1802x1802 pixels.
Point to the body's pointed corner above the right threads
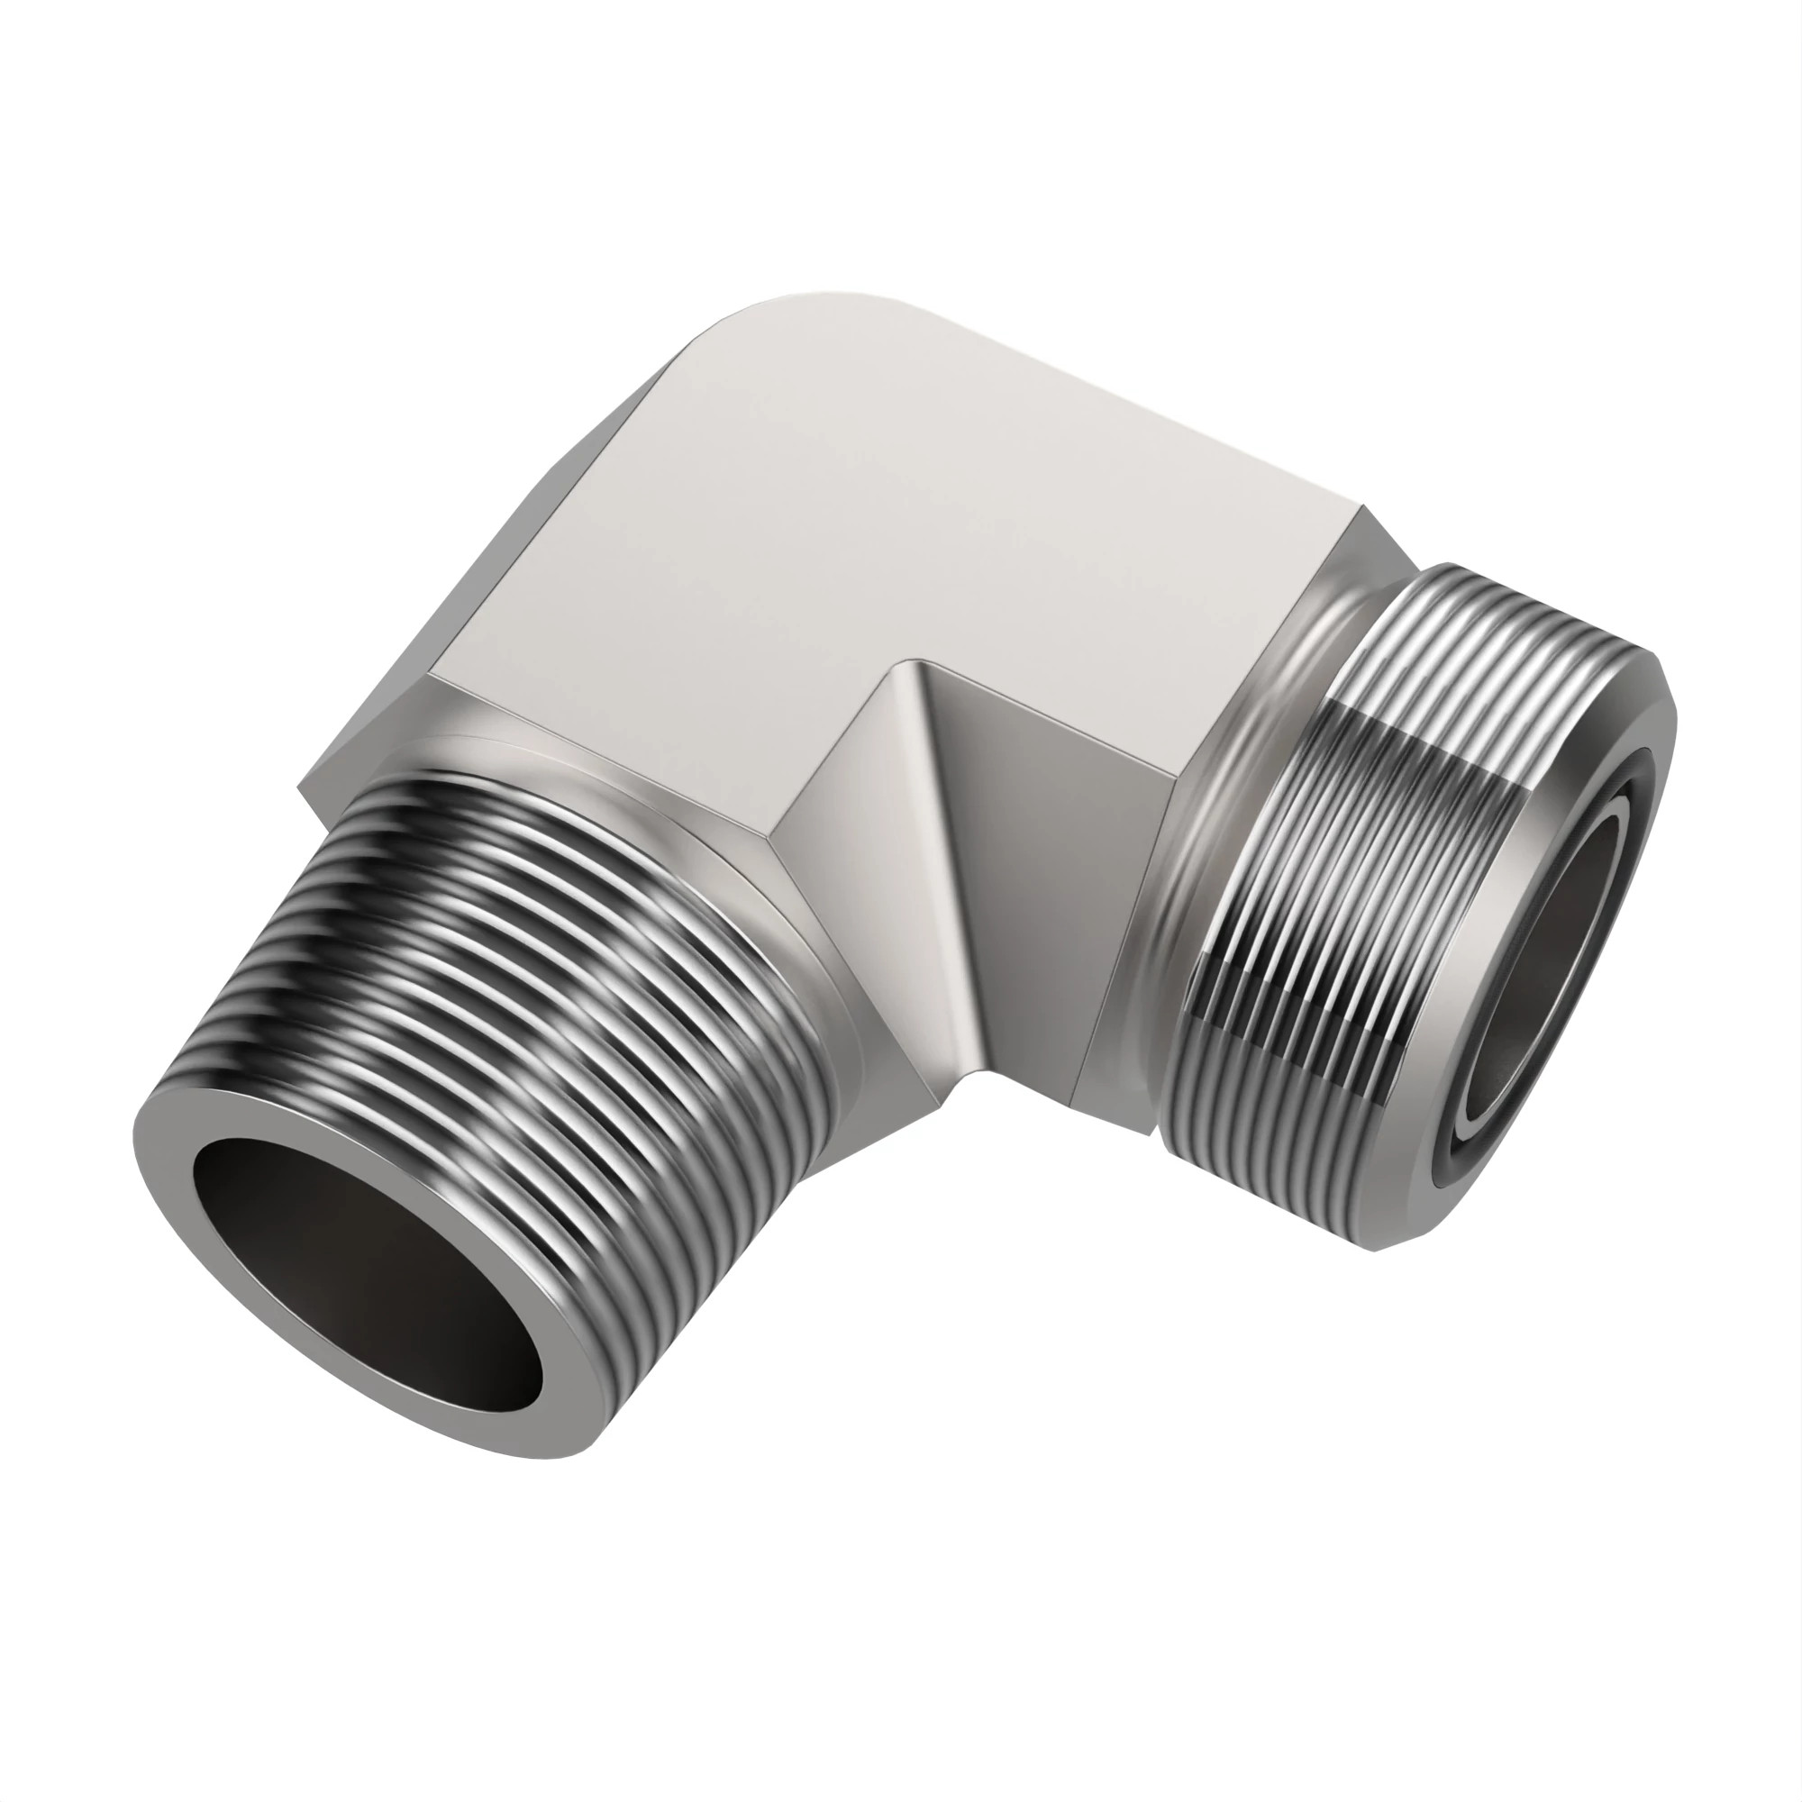1366,507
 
